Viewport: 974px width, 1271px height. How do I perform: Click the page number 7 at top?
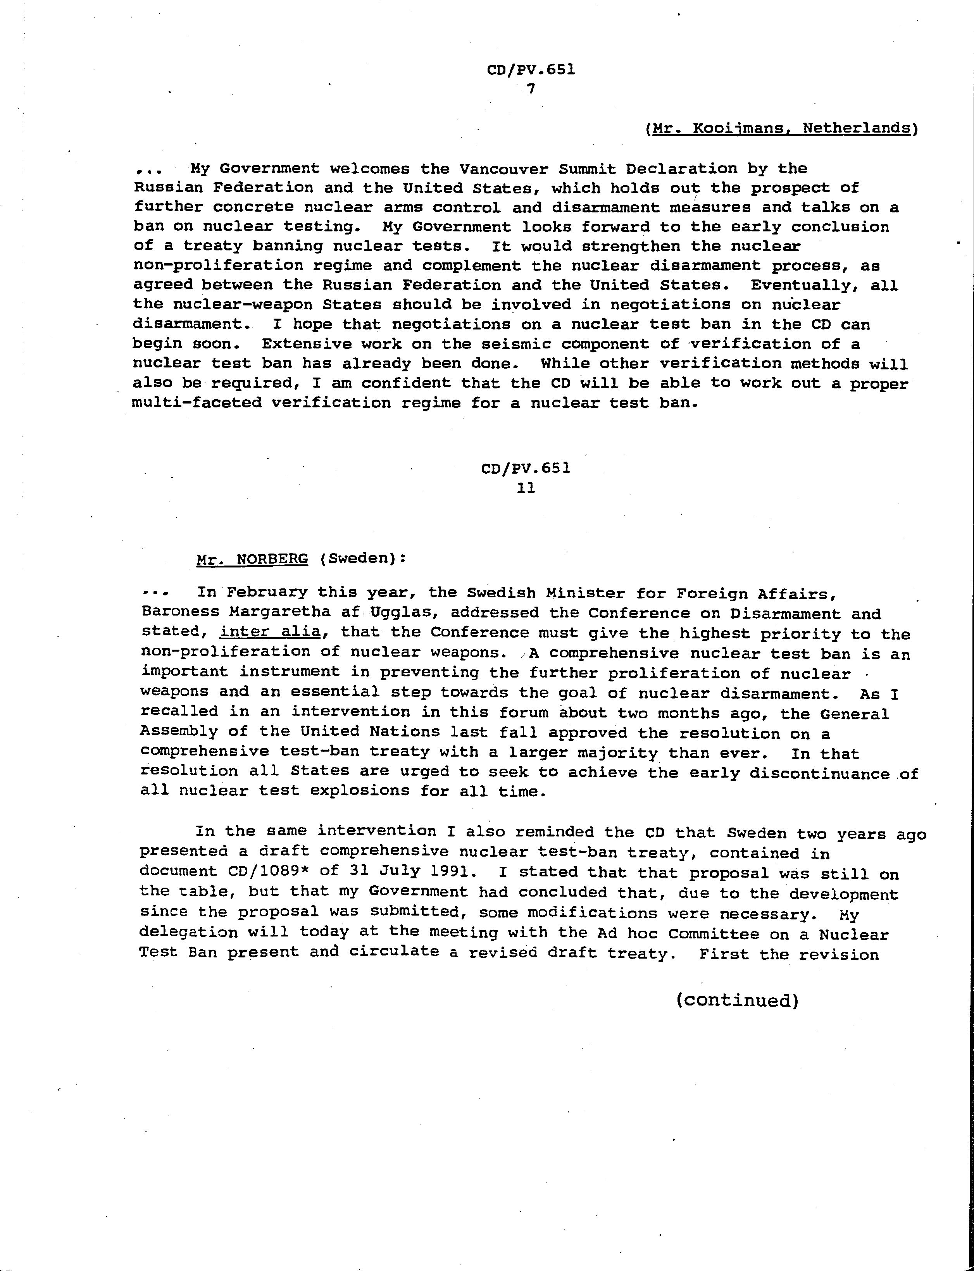tap(530, 89)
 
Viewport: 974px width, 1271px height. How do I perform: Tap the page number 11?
tap(526, 488)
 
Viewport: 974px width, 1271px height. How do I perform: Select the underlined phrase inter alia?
tap(270, 632)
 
